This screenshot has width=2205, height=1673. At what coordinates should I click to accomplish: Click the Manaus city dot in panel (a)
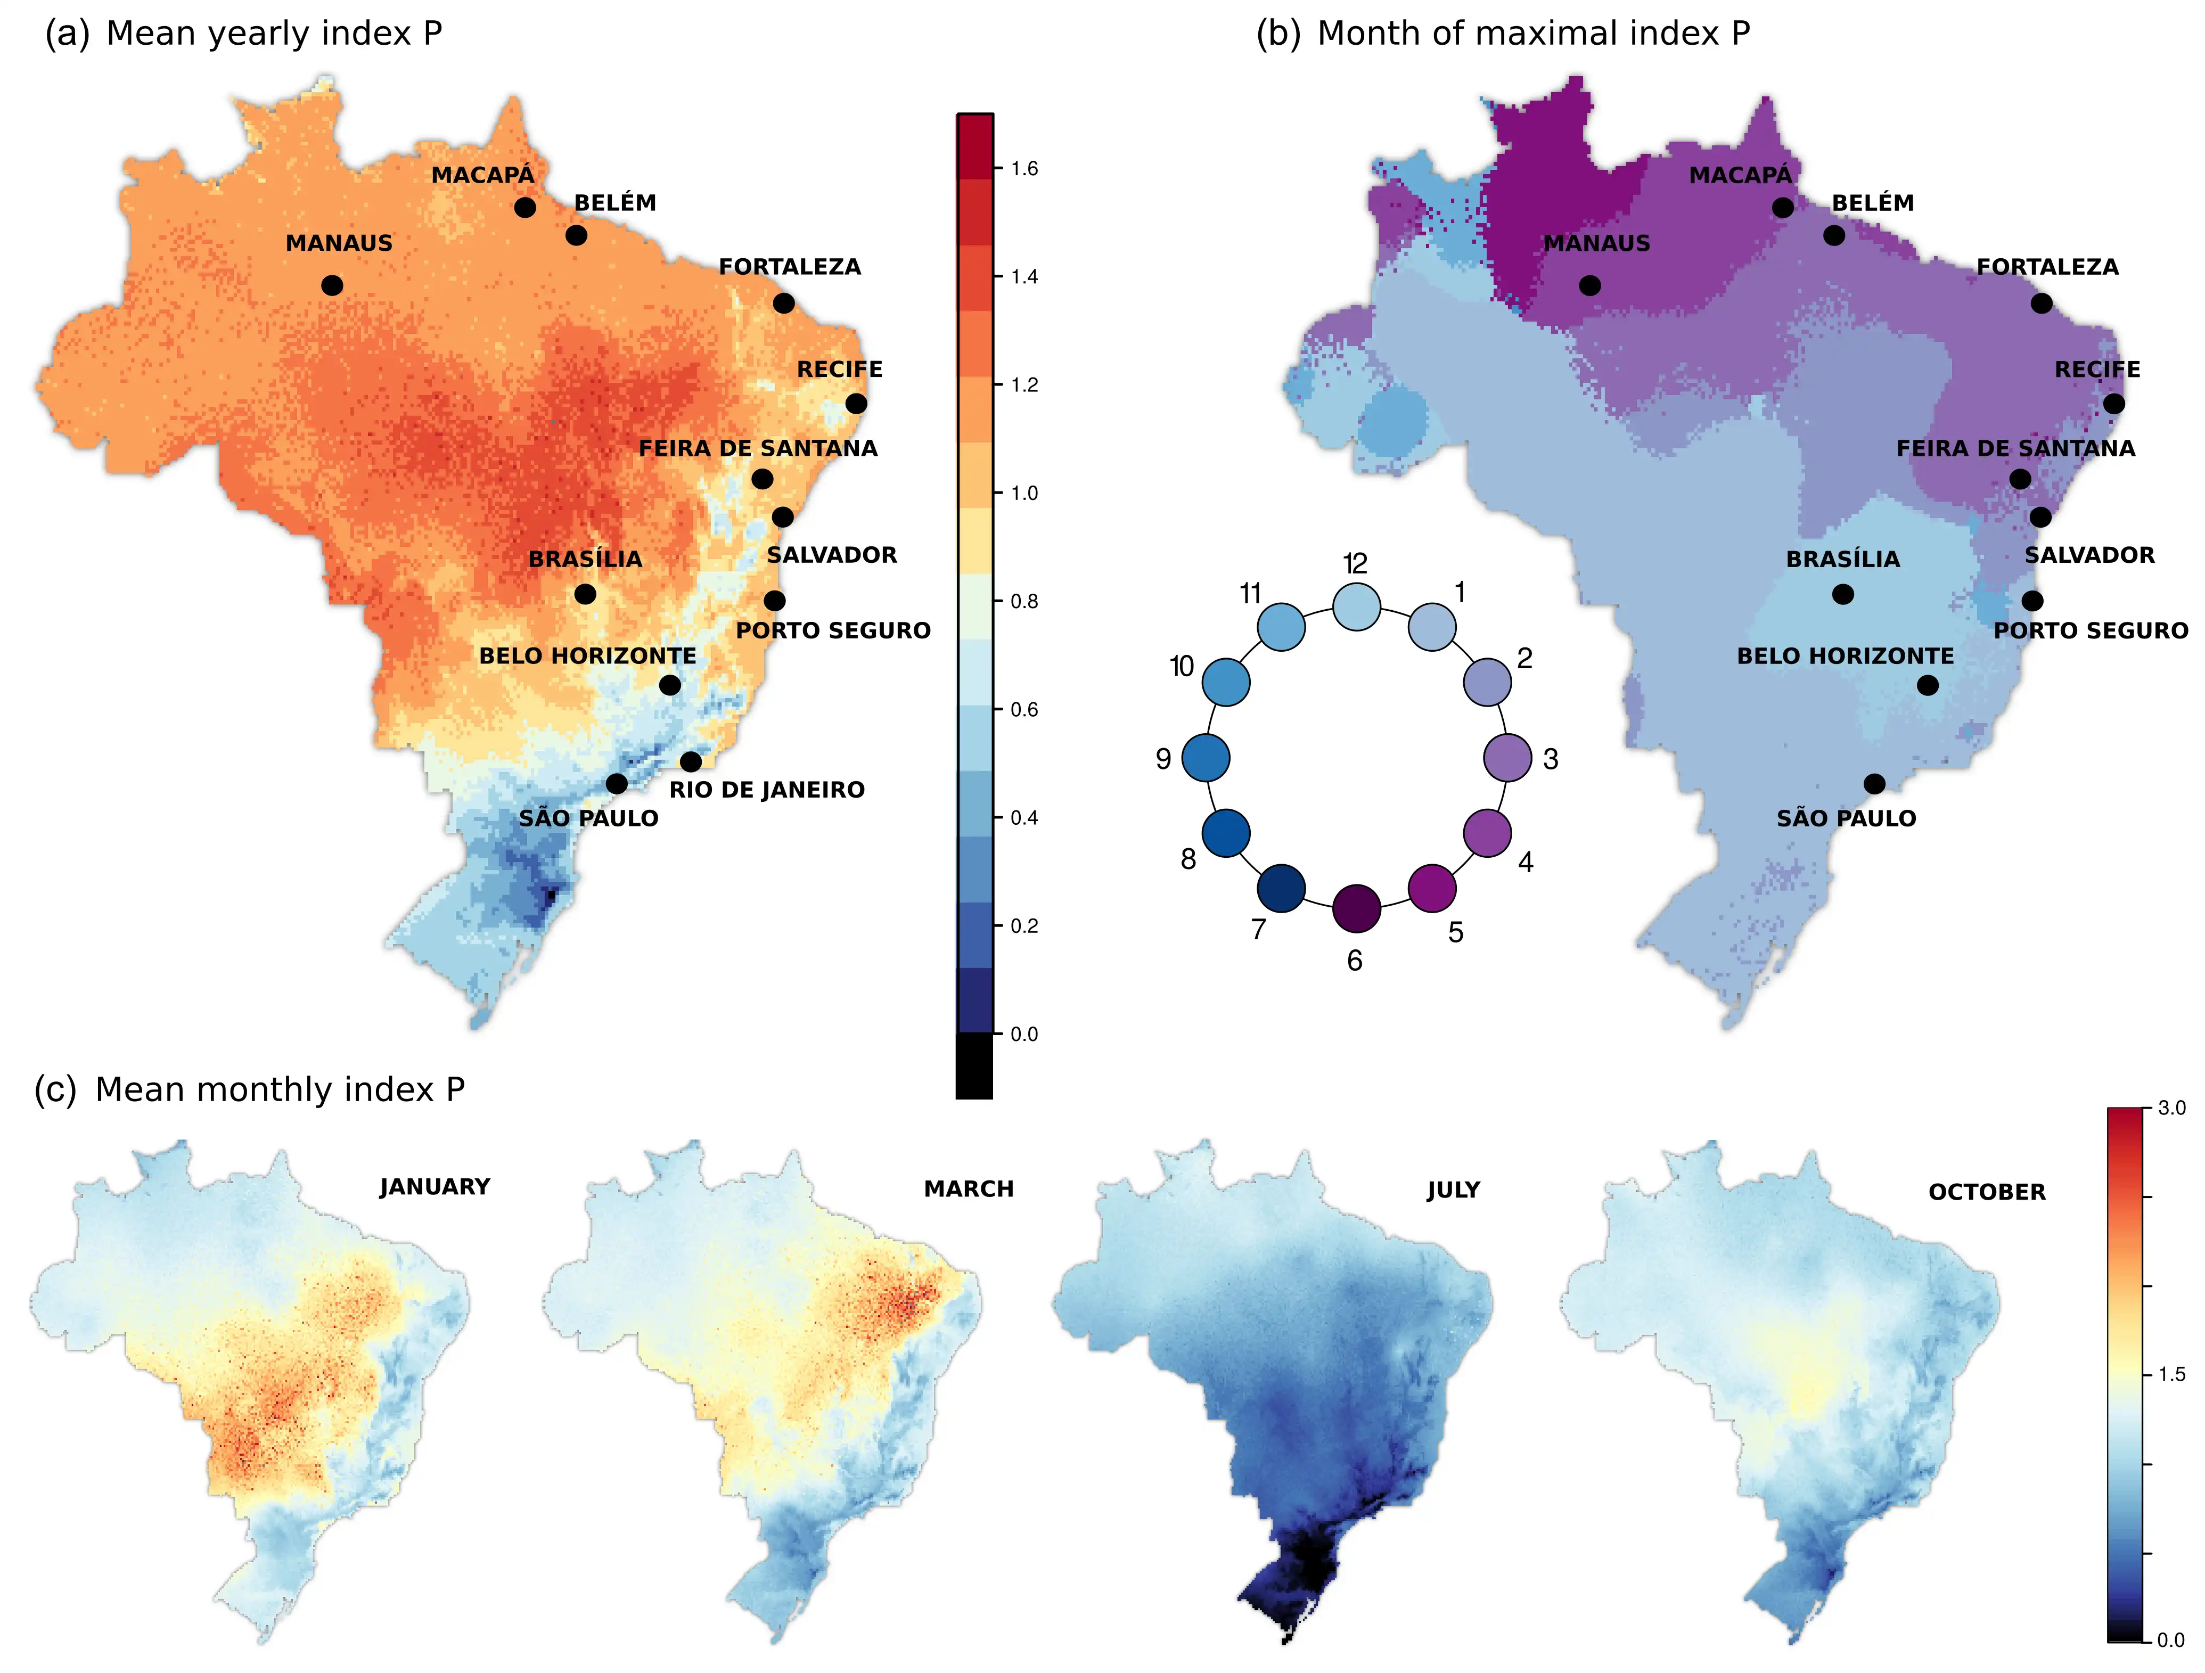[x=332, y=286]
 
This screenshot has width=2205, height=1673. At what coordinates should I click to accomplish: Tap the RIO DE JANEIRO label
[x=767, y=790]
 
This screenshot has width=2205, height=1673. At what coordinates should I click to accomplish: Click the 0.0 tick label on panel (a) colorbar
[x=1024, y=1034]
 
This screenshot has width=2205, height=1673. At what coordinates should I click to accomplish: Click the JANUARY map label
[x=435, y=1186]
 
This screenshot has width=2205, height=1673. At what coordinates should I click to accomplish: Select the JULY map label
[x=1453, y=1190]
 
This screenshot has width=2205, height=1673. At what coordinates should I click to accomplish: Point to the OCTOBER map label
[x=1987, y=1192]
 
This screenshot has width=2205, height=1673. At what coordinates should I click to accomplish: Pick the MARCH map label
[x=968, y=1188]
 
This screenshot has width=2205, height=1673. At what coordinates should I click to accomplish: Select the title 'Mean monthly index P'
[x=279, y=1090]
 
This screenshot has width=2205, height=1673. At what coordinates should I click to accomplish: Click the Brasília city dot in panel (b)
[x=1843, y=594]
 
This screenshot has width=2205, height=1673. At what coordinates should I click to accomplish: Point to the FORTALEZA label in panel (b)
[x=2047, y=267]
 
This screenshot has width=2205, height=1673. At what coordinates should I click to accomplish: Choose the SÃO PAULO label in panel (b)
[x=1846, y=818]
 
